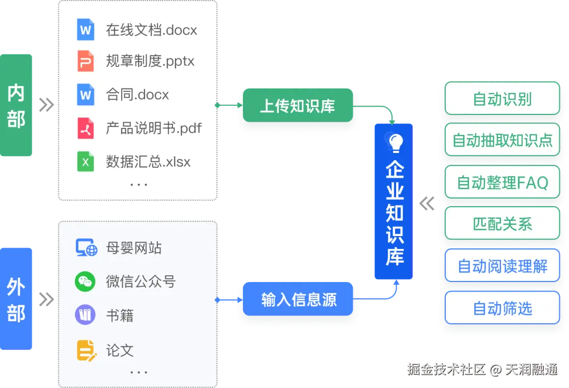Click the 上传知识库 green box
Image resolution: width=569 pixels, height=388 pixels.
point(297,106)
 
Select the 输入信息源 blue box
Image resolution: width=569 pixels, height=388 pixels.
point(298,300)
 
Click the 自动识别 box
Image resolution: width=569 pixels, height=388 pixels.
point(502,99)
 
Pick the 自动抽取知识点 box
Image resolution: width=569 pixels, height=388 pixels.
point(502,140)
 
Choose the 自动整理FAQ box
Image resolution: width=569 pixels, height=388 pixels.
point(502,182)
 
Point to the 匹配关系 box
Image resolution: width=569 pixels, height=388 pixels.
point(502,224)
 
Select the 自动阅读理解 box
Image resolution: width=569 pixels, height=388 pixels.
point(502,266)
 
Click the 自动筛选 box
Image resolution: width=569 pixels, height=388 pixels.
point(502,308)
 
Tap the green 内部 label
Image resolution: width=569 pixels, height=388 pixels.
point(16,105)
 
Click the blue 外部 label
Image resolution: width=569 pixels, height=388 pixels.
point(16,298)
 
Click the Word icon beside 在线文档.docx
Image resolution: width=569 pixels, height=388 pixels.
point(85,30)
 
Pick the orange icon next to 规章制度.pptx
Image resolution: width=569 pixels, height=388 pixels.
point(85,61)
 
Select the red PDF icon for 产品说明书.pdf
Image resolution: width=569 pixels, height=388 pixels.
point(85,128)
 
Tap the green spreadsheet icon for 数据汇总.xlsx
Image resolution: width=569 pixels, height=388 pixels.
point(85,162)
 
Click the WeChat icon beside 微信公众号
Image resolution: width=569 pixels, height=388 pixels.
point(85,282)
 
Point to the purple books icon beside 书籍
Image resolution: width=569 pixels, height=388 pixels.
point(85,315)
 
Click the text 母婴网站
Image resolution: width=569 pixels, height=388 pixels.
point(134,248)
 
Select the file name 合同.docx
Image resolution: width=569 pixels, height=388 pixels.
point(138,95)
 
